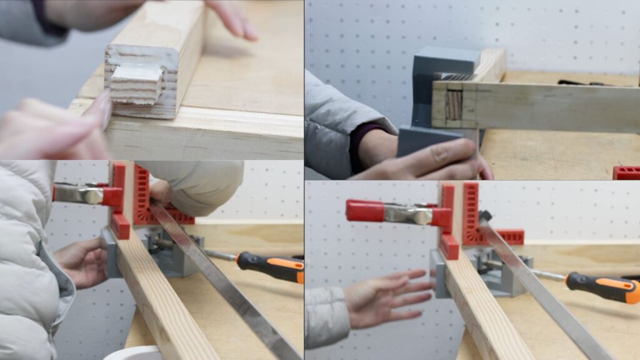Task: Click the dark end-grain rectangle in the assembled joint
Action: point(454,104)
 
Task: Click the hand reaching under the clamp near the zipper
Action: point(81,262)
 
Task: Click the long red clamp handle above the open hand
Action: point(365,211)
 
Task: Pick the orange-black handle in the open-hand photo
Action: point(602,287)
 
